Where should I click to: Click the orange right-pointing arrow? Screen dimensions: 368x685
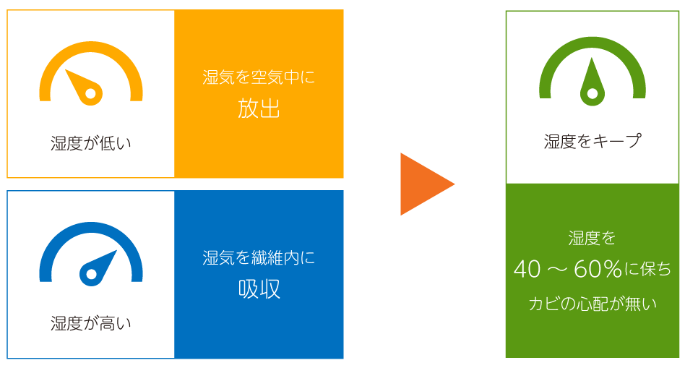[425, 184]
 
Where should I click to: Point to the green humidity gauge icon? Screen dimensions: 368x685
[593, 72]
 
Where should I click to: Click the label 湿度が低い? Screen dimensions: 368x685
[91, 143]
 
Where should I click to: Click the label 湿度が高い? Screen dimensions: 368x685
[91, 323]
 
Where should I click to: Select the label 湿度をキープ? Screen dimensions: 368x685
[593, 141]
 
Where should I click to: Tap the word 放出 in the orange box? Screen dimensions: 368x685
[259, 108]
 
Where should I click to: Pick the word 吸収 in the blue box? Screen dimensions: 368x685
[259, 289]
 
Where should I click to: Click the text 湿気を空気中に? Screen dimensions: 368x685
[259, 77]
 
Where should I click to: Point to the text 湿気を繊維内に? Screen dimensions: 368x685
[259, 257]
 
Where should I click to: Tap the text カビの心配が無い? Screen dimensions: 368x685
[593, 304]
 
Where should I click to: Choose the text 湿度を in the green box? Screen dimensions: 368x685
[593, 237]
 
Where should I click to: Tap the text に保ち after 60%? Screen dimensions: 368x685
[648, 270]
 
